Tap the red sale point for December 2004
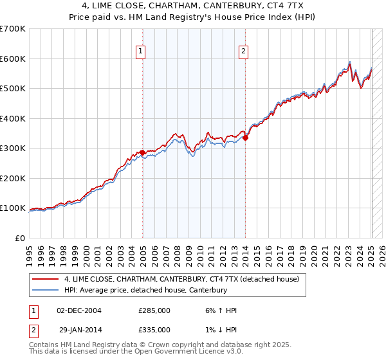click(142, 152)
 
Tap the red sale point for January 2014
click(246, 138)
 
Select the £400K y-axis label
click(14, 118)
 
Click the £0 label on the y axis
click(21, 238)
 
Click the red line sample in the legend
click(45, 280)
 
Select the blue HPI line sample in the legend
click(45, 290)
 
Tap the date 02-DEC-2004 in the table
click(79, 310)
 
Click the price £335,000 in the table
click(154, 330)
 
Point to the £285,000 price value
click(154, 310)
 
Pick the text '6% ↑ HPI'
click(220, 310)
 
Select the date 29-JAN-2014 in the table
click(79, 330)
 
